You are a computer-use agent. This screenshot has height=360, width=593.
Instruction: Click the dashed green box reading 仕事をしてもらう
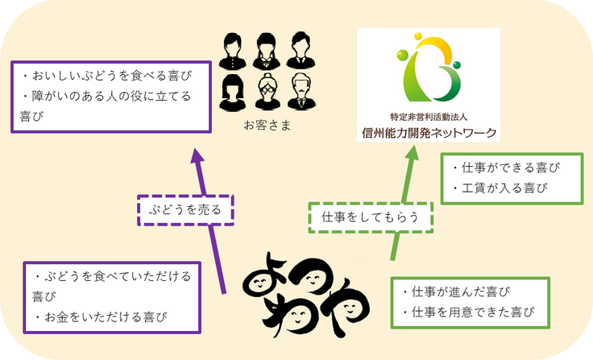(x=371, y=217)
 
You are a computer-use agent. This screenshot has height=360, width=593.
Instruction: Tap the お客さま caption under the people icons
(x=266, y=127)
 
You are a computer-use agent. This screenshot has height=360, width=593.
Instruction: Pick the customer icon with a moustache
(x=300, y=91)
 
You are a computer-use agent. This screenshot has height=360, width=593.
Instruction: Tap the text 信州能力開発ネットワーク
(x=428, y=133)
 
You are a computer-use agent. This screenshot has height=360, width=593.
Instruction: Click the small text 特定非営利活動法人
(x=428, y=117)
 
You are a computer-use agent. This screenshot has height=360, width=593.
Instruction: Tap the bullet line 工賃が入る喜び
(x=499, y=188)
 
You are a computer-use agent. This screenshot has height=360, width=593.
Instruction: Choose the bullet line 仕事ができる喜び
(x=505, y=168)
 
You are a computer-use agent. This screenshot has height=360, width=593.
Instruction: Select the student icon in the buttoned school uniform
(x=232, y=51)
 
